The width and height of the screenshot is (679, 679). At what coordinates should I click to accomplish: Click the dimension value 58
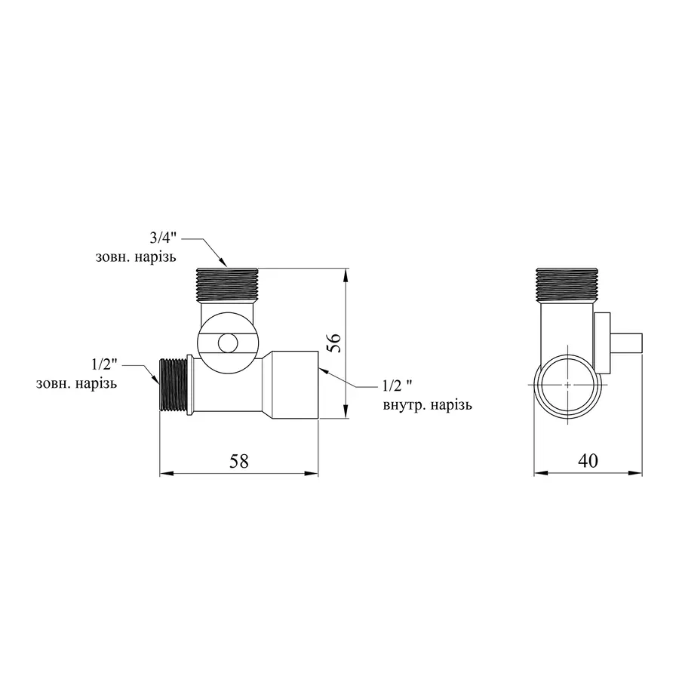[x=239, y=461]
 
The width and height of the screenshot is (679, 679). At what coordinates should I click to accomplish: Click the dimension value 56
[x=336, y=343]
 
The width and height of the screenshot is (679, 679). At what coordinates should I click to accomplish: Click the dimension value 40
[x=588, y=461]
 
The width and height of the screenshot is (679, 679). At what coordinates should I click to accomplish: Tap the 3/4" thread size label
[x=163, y=238]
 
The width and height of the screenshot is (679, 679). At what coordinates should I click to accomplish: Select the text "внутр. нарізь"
[x=428, y=405]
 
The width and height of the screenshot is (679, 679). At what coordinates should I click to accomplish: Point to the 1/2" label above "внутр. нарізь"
[x=398, y=385]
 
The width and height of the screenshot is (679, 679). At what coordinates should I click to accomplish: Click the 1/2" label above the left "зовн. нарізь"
[x=104, y=364]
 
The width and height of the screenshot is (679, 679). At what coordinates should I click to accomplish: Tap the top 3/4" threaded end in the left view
[x=227, y=284]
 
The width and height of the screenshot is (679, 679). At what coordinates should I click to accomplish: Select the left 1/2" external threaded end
[x=174, y=384]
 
